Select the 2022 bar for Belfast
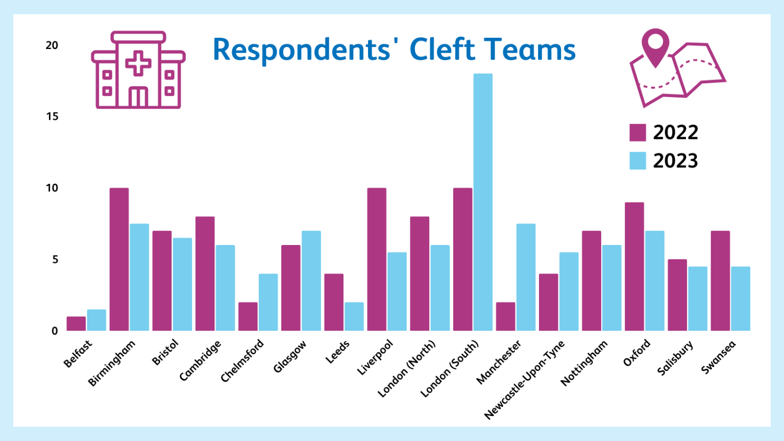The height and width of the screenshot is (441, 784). click(76, 324)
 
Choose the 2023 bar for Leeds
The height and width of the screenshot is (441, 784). click(354, 316)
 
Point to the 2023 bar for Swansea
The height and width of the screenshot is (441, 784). click(740, 299)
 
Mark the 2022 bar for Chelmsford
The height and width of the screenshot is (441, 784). click(248, 316)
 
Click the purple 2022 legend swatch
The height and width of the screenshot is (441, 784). click(638, 132)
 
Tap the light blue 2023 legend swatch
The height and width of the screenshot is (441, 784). click(638, 161)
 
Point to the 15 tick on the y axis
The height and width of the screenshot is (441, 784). click(52, 116)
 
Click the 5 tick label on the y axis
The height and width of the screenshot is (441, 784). click(55, 259)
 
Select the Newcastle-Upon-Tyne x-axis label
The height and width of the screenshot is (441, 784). click(525, 380)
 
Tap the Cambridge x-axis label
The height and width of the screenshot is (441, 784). click(200, 360)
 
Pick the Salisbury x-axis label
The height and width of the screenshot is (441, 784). click(675, 358)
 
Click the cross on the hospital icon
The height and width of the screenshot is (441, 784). click(138, 63)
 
